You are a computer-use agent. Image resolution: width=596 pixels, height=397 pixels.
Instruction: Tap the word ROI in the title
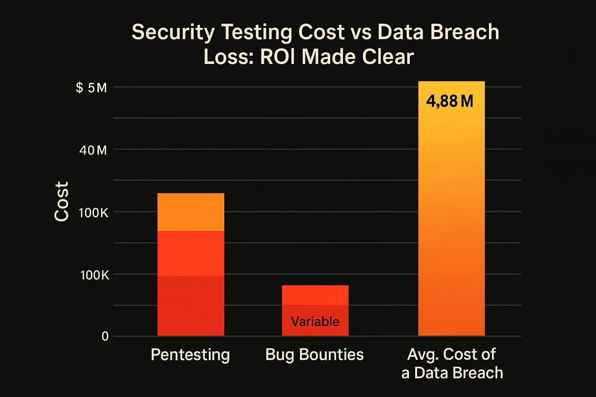point(279,57)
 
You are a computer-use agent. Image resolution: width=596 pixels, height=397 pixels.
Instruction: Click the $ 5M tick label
point(91,88)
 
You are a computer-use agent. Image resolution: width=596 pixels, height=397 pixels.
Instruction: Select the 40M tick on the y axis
point(93,150)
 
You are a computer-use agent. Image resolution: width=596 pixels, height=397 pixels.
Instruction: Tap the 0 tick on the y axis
point(105,336)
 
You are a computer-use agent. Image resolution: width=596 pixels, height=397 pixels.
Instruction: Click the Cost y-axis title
point(61,201)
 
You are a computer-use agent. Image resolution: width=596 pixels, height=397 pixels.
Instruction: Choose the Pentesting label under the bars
point(190,355)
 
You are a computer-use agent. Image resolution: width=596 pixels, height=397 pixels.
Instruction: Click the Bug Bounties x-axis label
point(315,355)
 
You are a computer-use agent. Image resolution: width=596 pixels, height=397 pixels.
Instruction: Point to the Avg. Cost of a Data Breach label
point(452,364)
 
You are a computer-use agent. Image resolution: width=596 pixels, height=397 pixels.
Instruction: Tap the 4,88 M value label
point(450,102)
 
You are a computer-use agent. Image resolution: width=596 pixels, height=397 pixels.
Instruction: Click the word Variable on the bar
point(315,321)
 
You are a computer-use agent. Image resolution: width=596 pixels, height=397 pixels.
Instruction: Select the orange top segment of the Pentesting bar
point(191,212)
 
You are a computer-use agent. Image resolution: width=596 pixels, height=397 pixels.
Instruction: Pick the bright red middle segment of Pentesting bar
point(191,254)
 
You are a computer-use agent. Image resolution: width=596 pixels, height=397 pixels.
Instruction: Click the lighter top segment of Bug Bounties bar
point(315,295)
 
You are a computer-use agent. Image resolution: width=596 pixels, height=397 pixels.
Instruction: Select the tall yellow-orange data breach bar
point(451,217)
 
